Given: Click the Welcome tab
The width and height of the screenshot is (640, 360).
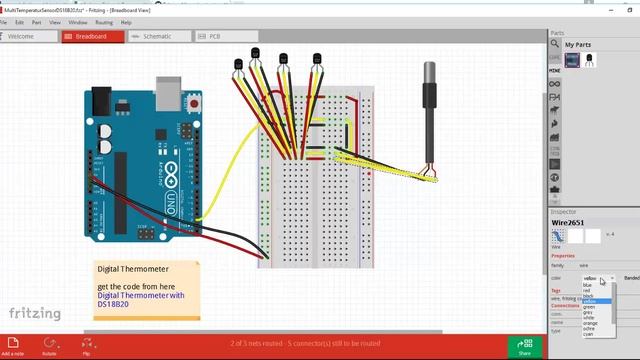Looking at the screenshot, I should coord(22,36).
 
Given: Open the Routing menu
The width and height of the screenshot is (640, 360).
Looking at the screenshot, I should coord(104,21).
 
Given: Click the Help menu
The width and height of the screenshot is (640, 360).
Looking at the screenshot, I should coord(126,21).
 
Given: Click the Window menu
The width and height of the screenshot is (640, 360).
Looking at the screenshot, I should coord(77,21).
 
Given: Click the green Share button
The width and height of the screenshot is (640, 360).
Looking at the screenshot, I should coord(524,346).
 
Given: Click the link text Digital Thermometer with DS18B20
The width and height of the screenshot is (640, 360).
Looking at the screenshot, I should coord(140,300).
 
